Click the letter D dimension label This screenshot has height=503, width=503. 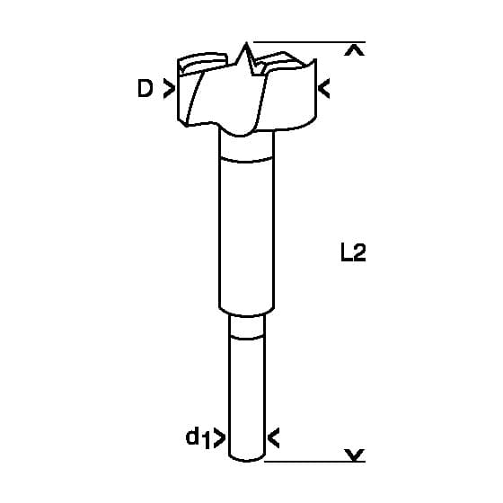click(145, 88)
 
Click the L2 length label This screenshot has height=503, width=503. click(353, 252)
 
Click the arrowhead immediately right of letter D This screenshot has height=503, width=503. click(169, 88)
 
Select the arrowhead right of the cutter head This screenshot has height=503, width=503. click(323, 89)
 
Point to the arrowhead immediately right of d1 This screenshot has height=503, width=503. click(220, 437)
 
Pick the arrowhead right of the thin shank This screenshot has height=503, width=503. click(273, 437)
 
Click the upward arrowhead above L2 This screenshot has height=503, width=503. click(354, 51)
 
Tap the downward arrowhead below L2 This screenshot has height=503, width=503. click(354, 454)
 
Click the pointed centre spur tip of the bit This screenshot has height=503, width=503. click(246, 43)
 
